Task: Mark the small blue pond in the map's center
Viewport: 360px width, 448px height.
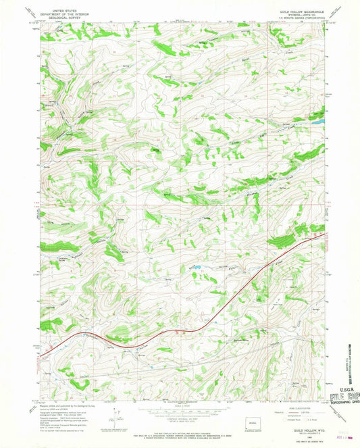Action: [196, 268]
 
